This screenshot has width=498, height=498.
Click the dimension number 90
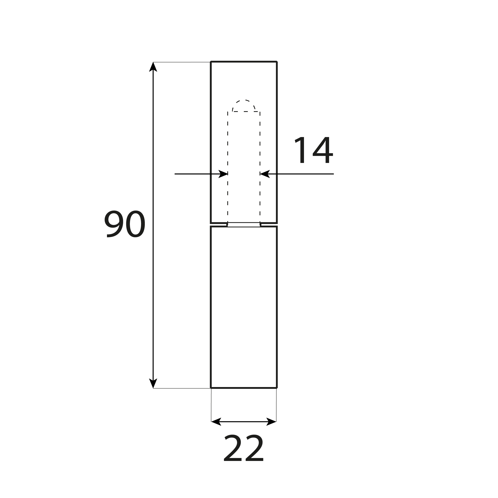(125, 224)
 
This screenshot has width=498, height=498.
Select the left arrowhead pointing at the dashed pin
(223, 174)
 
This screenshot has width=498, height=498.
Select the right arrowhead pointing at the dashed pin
(265, 174)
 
